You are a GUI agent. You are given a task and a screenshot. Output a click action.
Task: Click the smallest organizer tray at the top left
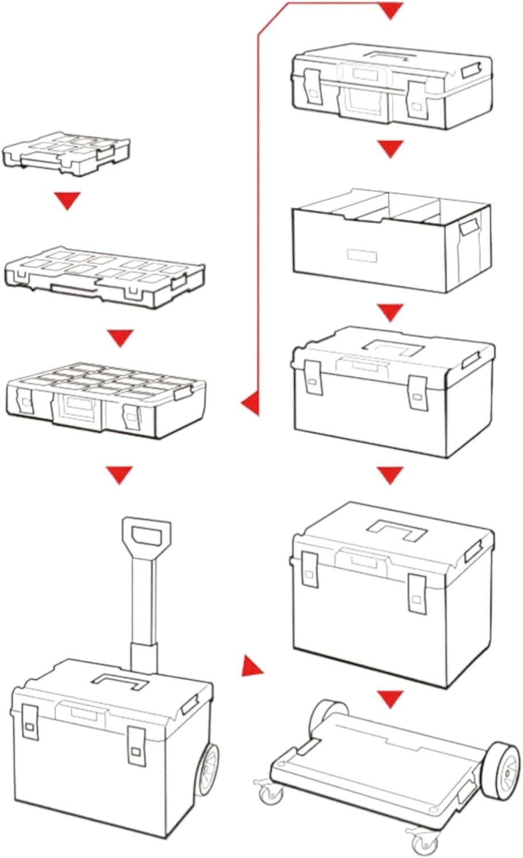tap(66, 151)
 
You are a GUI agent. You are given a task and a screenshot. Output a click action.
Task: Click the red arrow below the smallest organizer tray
tap(67, 200)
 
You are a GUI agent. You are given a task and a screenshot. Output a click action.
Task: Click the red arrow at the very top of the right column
tap(390, 10)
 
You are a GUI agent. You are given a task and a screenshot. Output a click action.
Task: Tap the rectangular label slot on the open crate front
tap(362, 255)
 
